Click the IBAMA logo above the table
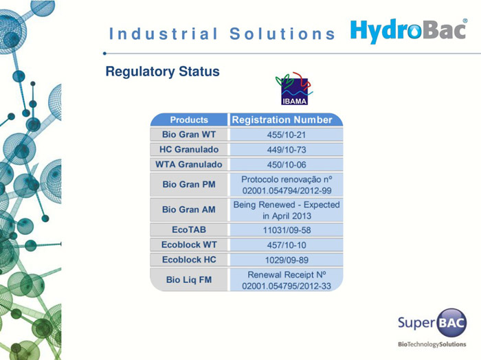coord(294,89)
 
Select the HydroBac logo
coord(409,31)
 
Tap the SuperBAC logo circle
coord(451,323)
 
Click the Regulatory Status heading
coord(163,71)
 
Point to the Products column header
coord(189,120)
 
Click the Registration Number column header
coord(282,120)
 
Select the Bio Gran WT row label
coord(189,135)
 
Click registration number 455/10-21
coord(287,135)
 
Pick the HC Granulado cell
coord(189,150)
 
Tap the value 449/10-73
coord(287,150)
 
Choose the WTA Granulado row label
coord(189,165)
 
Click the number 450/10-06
coord(287,165)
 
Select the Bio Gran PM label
coord(189,185)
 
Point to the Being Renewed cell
coord(287,210)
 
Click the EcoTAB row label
coord(189,229)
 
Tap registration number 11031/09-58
coord(287,230)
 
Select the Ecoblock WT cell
coord(189,245)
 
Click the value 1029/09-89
coord(287,260)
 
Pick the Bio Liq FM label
coord(189,280)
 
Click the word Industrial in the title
coord(164,34)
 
